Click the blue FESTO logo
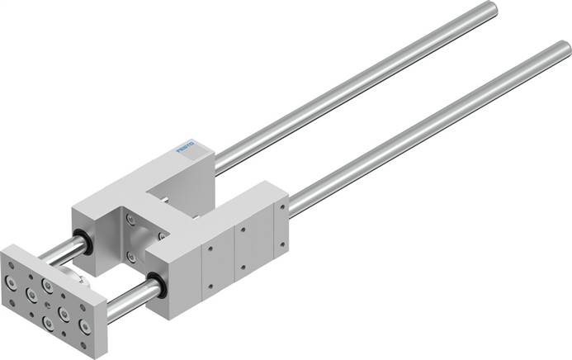point(189,149)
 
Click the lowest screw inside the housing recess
point(135,244)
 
